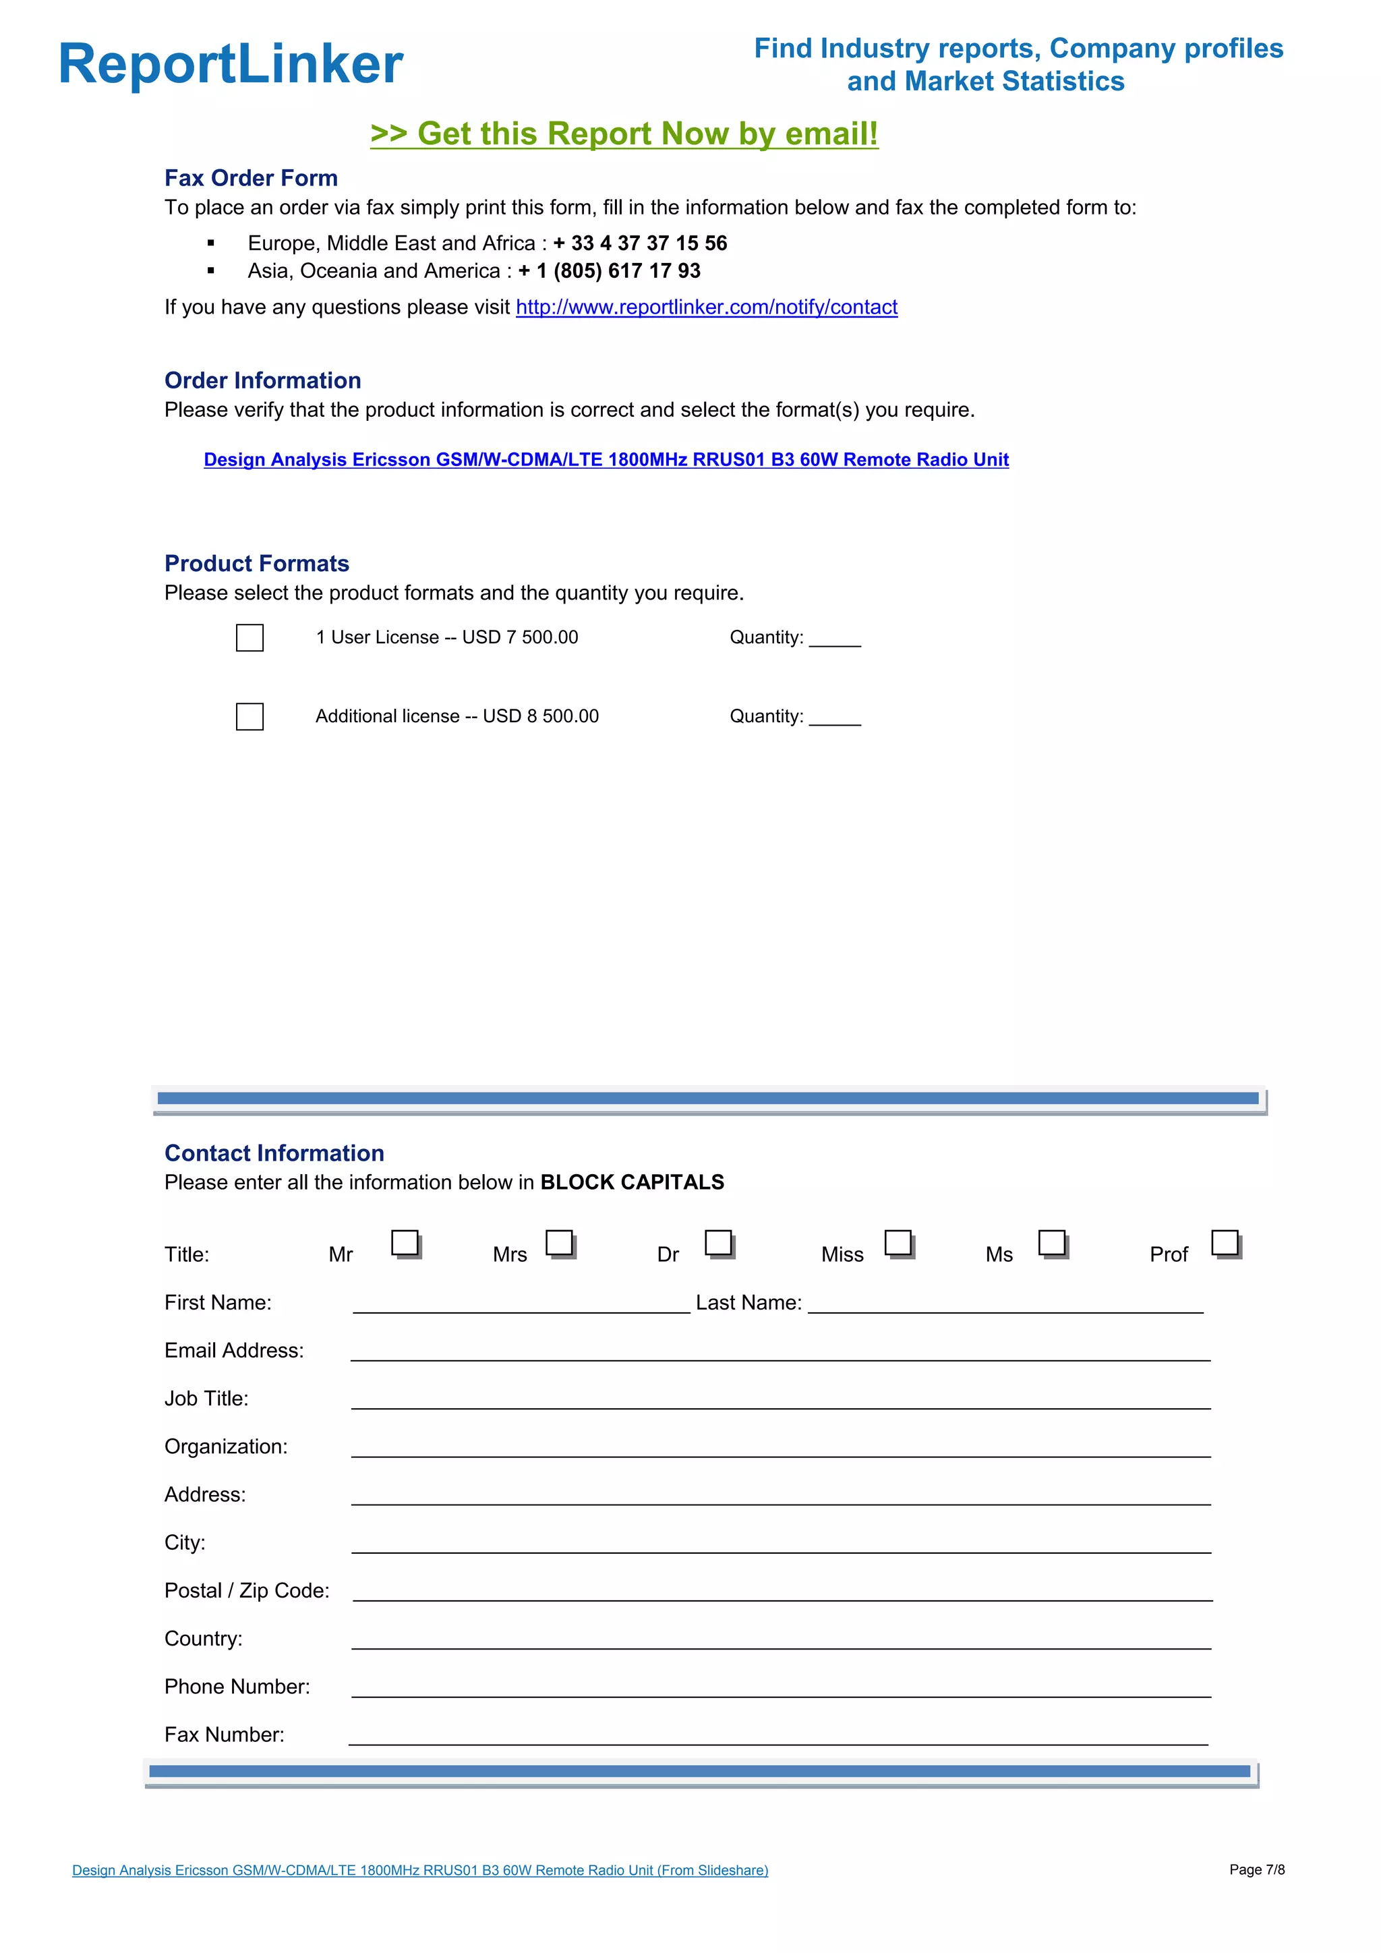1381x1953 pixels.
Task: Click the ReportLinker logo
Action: click(231, 64)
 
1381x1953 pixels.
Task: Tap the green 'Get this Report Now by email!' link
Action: click(624, 134)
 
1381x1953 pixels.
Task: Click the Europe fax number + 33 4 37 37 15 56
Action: click(641, 243)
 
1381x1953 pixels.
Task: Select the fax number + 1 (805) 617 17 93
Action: click(610, 270)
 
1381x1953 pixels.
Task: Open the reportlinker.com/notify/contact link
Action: click(706, 307)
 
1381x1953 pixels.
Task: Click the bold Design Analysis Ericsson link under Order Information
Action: click(606, 459)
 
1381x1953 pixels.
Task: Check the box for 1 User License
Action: click(249, 638)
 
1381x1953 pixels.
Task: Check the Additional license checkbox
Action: click(249, 716)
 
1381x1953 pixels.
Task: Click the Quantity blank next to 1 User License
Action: click(834, 638)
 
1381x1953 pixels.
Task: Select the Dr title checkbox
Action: click(719, 1243)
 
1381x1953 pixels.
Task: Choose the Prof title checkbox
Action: click(1225, 1243)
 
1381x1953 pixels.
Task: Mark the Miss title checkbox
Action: click(898, 1243)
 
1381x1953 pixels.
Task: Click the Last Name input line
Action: click(1005, 1304)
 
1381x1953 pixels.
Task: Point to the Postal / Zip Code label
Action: click(247, 1591)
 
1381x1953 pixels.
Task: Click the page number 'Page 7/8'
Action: click(1256, 1869)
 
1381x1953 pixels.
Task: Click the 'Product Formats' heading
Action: click(257, 563)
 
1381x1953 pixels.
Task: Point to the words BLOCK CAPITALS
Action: click(632, 1182)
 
